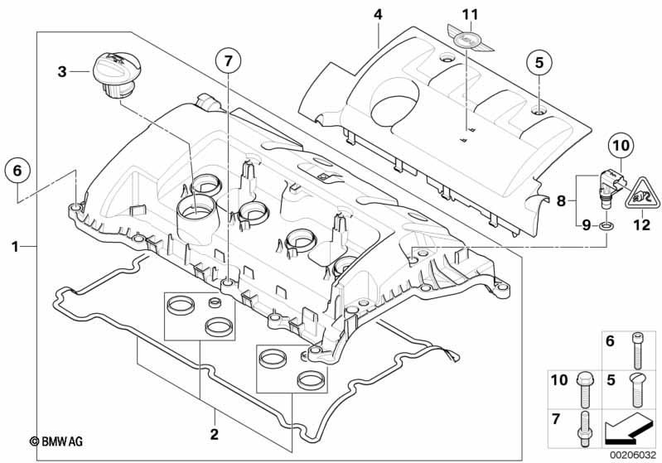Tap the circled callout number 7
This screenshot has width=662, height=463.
click(x=229, y=61)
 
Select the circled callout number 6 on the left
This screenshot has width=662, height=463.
click(x=17, y=171)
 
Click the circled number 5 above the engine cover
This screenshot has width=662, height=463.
click(x=539, y=62)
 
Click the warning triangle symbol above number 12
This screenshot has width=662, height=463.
click(x=642, y=194)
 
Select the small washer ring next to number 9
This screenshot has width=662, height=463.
click(x=605, y=227)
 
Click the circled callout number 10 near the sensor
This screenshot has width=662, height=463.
click(x=621, y=146)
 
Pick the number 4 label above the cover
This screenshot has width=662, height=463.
click(x=378, y=15)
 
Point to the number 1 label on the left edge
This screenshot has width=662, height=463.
click(x=15, y=246)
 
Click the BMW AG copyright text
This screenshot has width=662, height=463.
click(x=56, y=441)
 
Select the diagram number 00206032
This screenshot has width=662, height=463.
click(x=634, y=456)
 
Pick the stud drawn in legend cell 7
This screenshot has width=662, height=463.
click(x=583, y=429)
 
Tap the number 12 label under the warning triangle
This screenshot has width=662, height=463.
click(x=641, y=224)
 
